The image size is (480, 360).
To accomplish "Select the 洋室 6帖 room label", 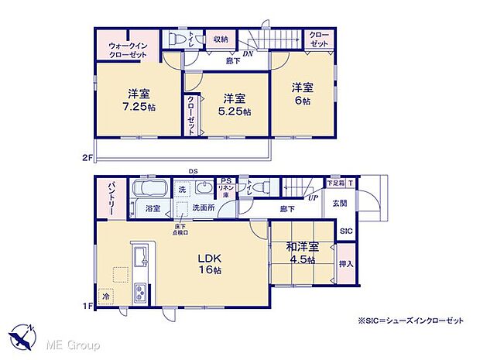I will [302, 94].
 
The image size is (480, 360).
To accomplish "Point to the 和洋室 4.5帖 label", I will [301, 253].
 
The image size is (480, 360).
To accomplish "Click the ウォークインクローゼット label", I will [128, 50].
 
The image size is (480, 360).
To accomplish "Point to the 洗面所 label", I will [204, 209].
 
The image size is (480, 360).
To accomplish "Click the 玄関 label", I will [341, 204].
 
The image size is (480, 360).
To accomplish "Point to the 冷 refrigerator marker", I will [105, 295].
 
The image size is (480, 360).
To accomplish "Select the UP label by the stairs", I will [313, 199].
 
